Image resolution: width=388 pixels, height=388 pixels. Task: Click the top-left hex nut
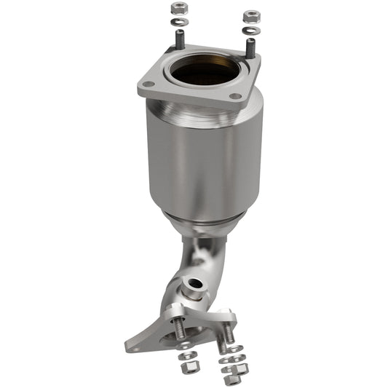pyautogui.click(x=178, y=8)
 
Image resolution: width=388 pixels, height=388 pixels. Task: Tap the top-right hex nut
pyautogui.click(x=251, y=15)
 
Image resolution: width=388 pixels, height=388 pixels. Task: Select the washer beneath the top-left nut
pyautogui.click(x=179, y=21)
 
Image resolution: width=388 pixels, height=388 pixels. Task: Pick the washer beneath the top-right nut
pyautogui.click(x=251, y=30)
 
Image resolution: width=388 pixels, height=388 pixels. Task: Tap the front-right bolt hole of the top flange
pyautogui.click(x=235, y=96)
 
